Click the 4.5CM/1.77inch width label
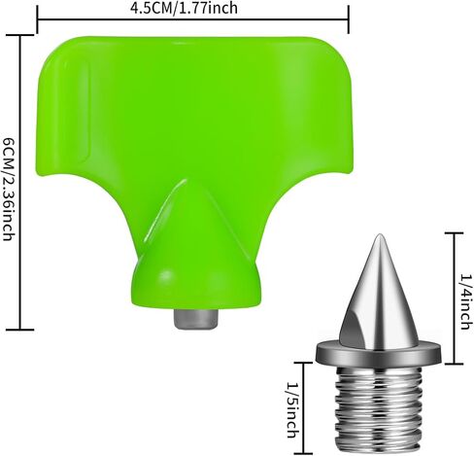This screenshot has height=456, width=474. click(184, 8)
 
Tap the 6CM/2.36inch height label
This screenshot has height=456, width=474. click(8, 190)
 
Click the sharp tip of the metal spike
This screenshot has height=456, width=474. click(378, 234)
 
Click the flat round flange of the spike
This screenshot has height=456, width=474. click(378, 353)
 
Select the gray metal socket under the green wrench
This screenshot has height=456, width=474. click(195, 319)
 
